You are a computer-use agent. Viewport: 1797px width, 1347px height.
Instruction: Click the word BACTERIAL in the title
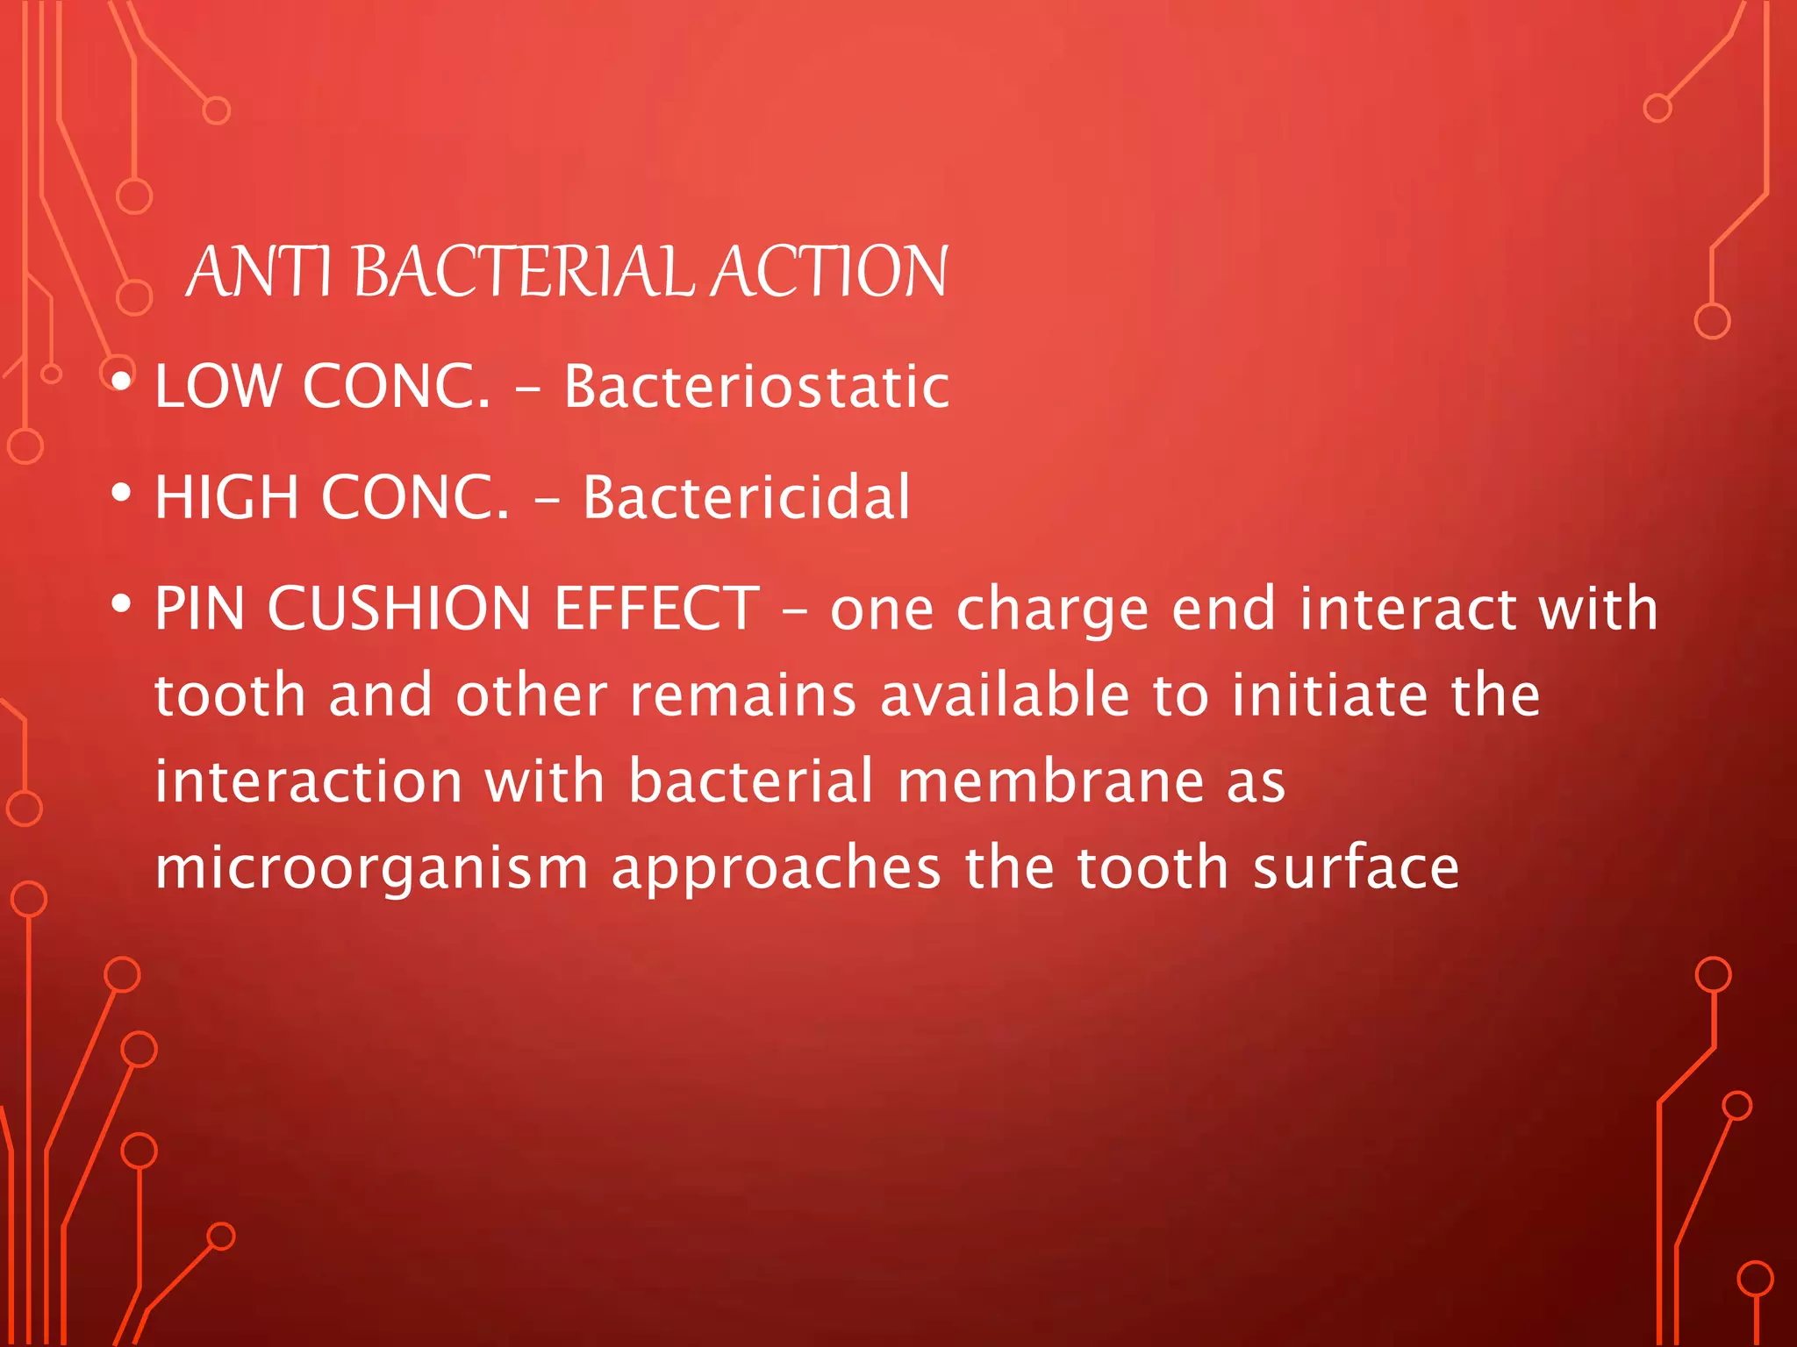(x=524, y=272)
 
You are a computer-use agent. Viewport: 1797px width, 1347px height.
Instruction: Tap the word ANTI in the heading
(x=259, y=272)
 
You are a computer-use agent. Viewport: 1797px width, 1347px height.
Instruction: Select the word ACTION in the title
(x=829, y=272)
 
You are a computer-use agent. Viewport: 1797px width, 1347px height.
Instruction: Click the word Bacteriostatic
(x=756, y=386)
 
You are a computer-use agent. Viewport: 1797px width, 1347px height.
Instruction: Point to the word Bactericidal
(x=747, y=497)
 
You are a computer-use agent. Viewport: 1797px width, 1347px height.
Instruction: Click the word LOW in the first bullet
(x=218, y=386)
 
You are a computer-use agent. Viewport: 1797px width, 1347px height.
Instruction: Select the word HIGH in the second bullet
(x=226, y=497)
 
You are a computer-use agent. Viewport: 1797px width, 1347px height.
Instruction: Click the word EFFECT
(x=656, y=608)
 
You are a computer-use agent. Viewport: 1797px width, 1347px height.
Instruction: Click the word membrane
(x=1051, y=780)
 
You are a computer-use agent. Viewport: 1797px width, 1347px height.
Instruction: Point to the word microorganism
(x=371, y=868)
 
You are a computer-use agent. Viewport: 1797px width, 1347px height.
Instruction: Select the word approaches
(x=777, y=868)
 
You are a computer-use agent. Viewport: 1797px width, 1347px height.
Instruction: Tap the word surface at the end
(x=1356, y=868)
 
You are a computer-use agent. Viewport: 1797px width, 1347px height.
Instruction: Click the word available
(x=1005, y=695)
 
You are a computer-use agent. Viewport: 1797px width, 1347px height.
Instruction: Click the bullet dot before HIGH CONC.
(x=122, y=492)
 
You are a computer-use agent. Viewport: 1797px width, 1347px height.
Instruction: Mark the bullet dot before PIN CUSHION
(x=122, y=603)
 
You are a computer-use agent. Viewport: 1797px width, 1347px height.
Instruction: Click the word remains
(x=743, y=695)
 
